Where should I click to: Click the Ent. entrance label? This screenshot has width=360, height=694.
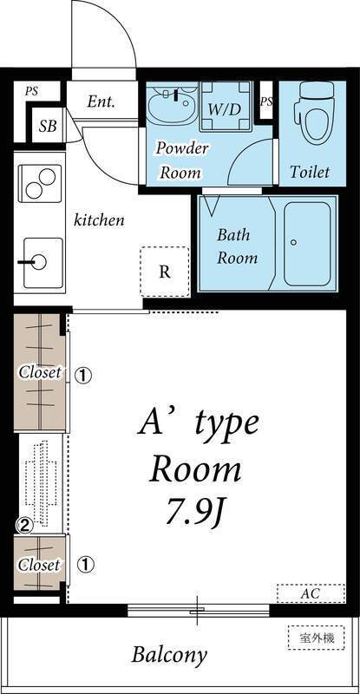click(x=101, y=101)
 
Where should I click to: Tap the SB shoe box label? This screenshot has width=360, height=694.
click(x=49, y=127)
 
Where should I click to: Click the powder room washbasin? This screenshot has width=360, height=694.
click(x=172, y=108)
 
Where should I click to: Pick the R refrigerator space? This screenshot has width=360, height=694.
click(x=164, y=271)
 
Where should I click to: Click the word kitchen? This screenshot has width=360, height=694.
click(x=99, y=219)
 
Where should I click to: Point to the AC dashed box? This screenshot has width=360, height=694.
click(x=311, y=594)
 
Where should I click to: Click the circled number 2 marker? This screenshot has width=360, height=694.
click(x=26, y=525)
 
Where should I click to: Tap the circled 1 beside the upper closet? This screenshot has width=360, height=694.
click(x=83, y=376)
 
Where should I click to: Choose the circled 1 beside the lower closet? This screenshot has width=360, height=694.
click(x=86, y=565)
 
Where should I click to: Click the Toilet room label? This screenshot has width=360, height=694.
click(x=310, y=172)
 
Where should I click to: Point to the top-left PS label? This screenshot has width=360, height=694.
click(x=31, y=89)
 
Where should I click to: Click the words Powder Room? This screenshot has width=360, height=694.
click(x=181, y=160)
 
